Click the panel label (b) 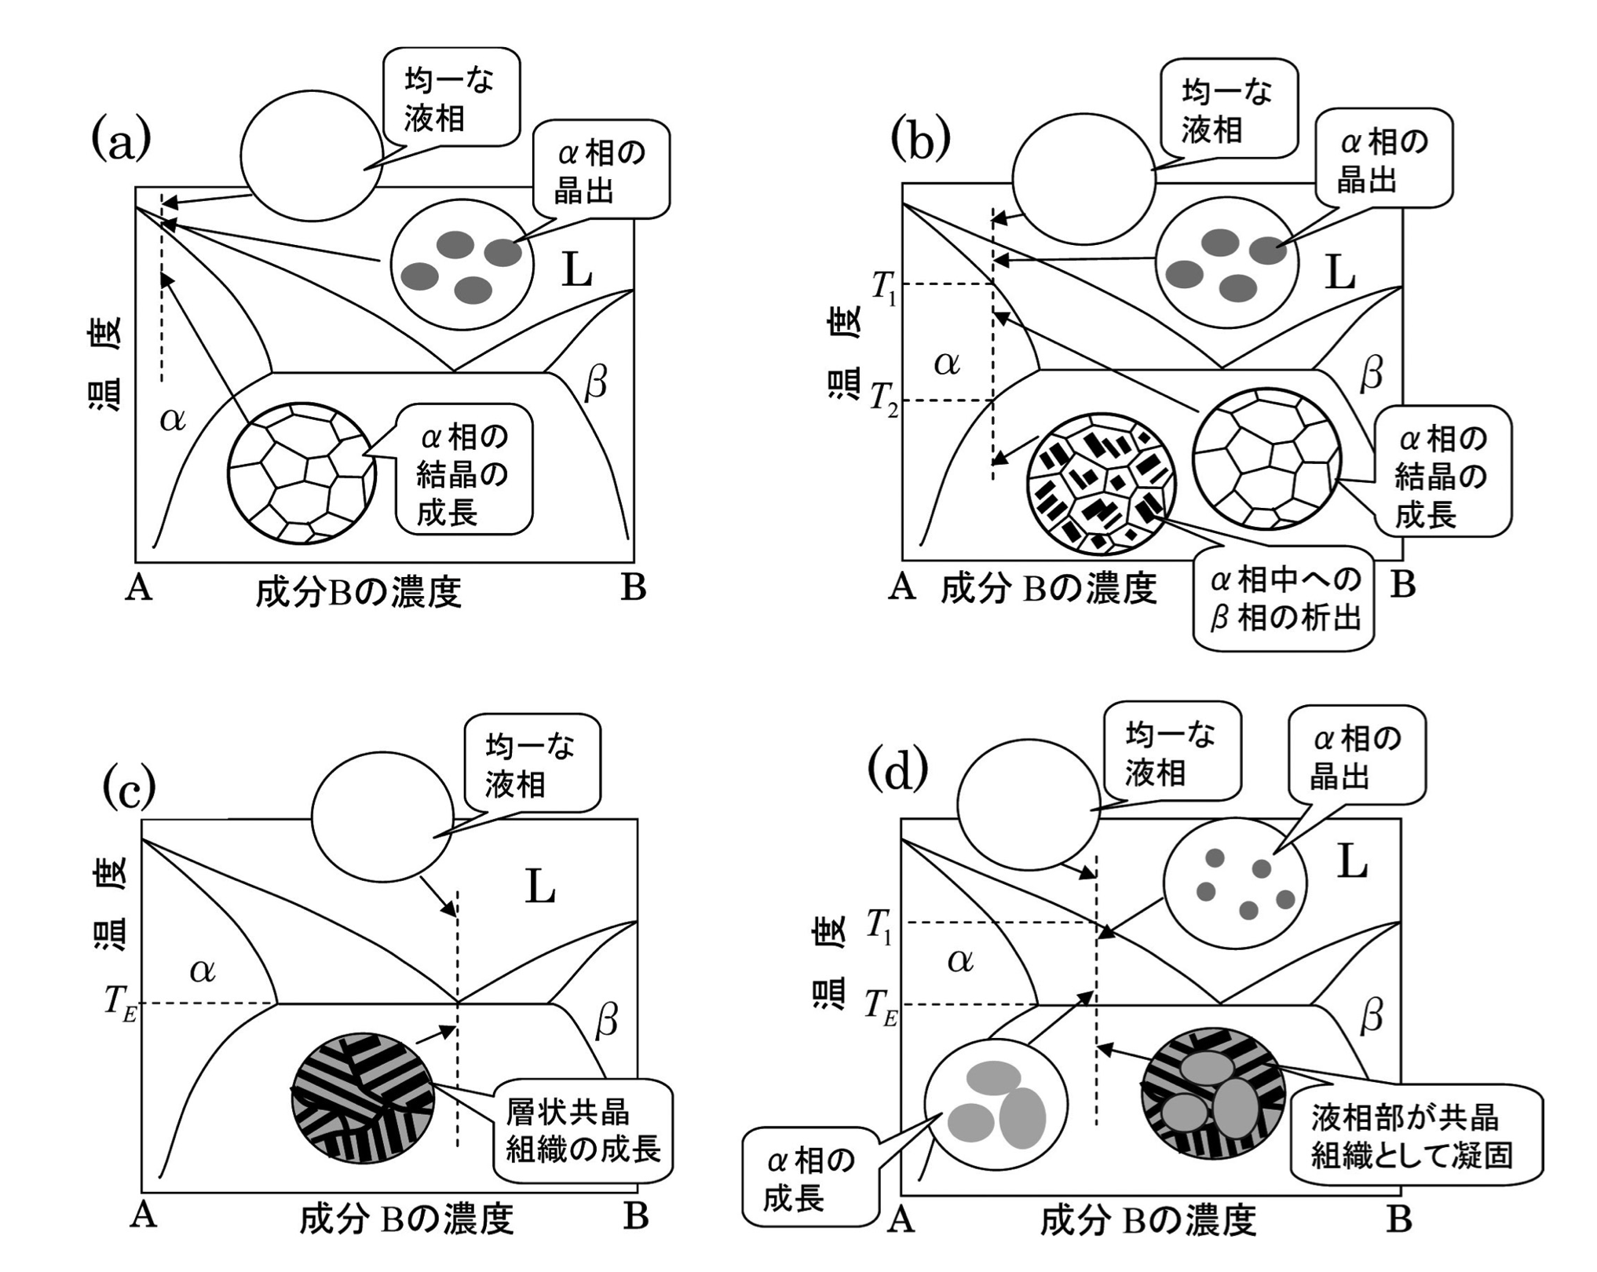tap(920, 140)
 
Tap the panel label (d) tap(897, 771)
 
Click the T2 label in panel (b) tap(884, 400)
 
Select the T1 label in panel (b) tap(884, 287)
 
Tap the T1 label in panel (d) tap(879, 926)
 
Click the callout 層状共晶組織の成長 tap(583, 1131)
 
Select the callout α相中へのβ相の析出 tap(1284, 599)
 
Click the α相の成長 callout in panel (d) tap(809, 1178)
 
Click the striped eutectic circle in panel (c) tap(363, 1098)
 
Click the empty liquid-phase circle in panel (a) tap(312, 155)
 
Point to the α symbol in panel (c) tap(203, 971)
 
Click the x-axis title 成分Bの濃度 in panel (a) tap(358, 592)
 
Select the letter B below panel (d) tap(1399, 1219)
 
